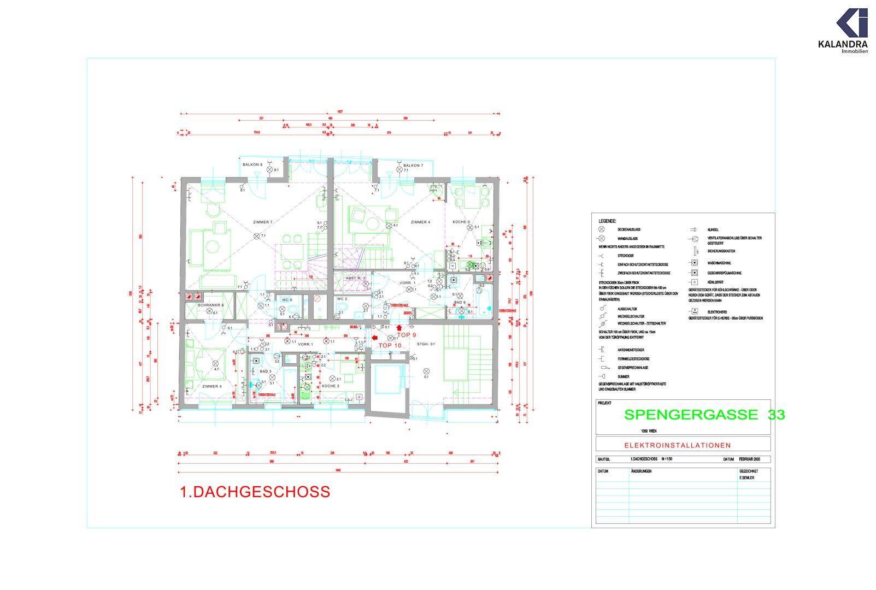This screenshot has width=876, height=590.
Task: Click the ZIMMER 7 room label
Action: tap(262, 222)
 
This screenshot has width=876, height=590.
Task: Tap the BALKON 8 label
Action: tap(252, 164)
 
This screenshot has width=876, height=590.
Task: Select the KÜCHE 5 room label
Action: tap(461, 222)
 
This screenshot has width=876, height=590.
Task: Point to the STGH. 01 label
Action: tap(425, 344)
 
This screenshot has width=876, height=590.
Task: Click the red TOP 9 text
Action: tap(407, 335)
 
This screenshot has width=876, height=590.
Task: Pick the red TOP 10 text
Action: tap(390, 345)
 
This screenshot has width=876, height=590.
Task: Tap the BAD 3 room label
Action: tap(258, 371)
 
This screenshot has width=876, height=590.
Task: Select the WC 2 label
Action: tap(342, 299)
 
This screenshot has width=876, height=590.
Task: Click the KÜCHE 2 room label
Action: tap(331, 386)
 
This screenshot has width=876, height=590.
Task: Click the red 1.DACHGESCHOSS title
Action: tap(255, 492)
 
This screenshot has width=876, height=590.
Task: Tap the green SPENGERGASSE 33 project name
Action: tap(704, 415)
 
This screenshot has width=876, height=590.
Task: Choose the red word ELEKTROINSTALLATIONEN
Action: tap(683, 445)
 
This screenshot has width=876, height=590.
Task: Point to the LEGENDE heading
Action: tap(607, 221)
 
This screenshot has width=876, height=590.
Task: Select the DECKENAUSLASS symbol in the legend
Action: tap(602, 230)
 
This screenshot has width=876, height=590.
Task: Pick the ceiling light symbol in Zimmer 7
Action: tap(256, 235)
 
